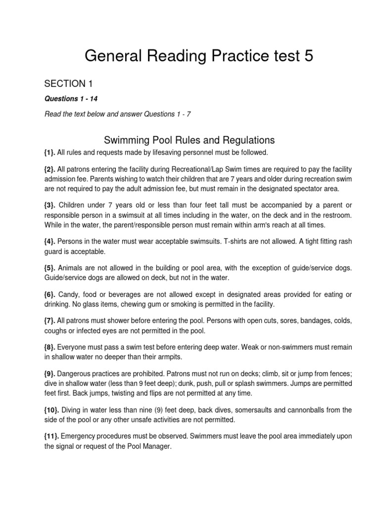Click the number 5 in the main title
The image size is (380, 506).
coord(308,56)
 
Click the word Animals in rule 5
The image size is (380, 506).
coord(62,268)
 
